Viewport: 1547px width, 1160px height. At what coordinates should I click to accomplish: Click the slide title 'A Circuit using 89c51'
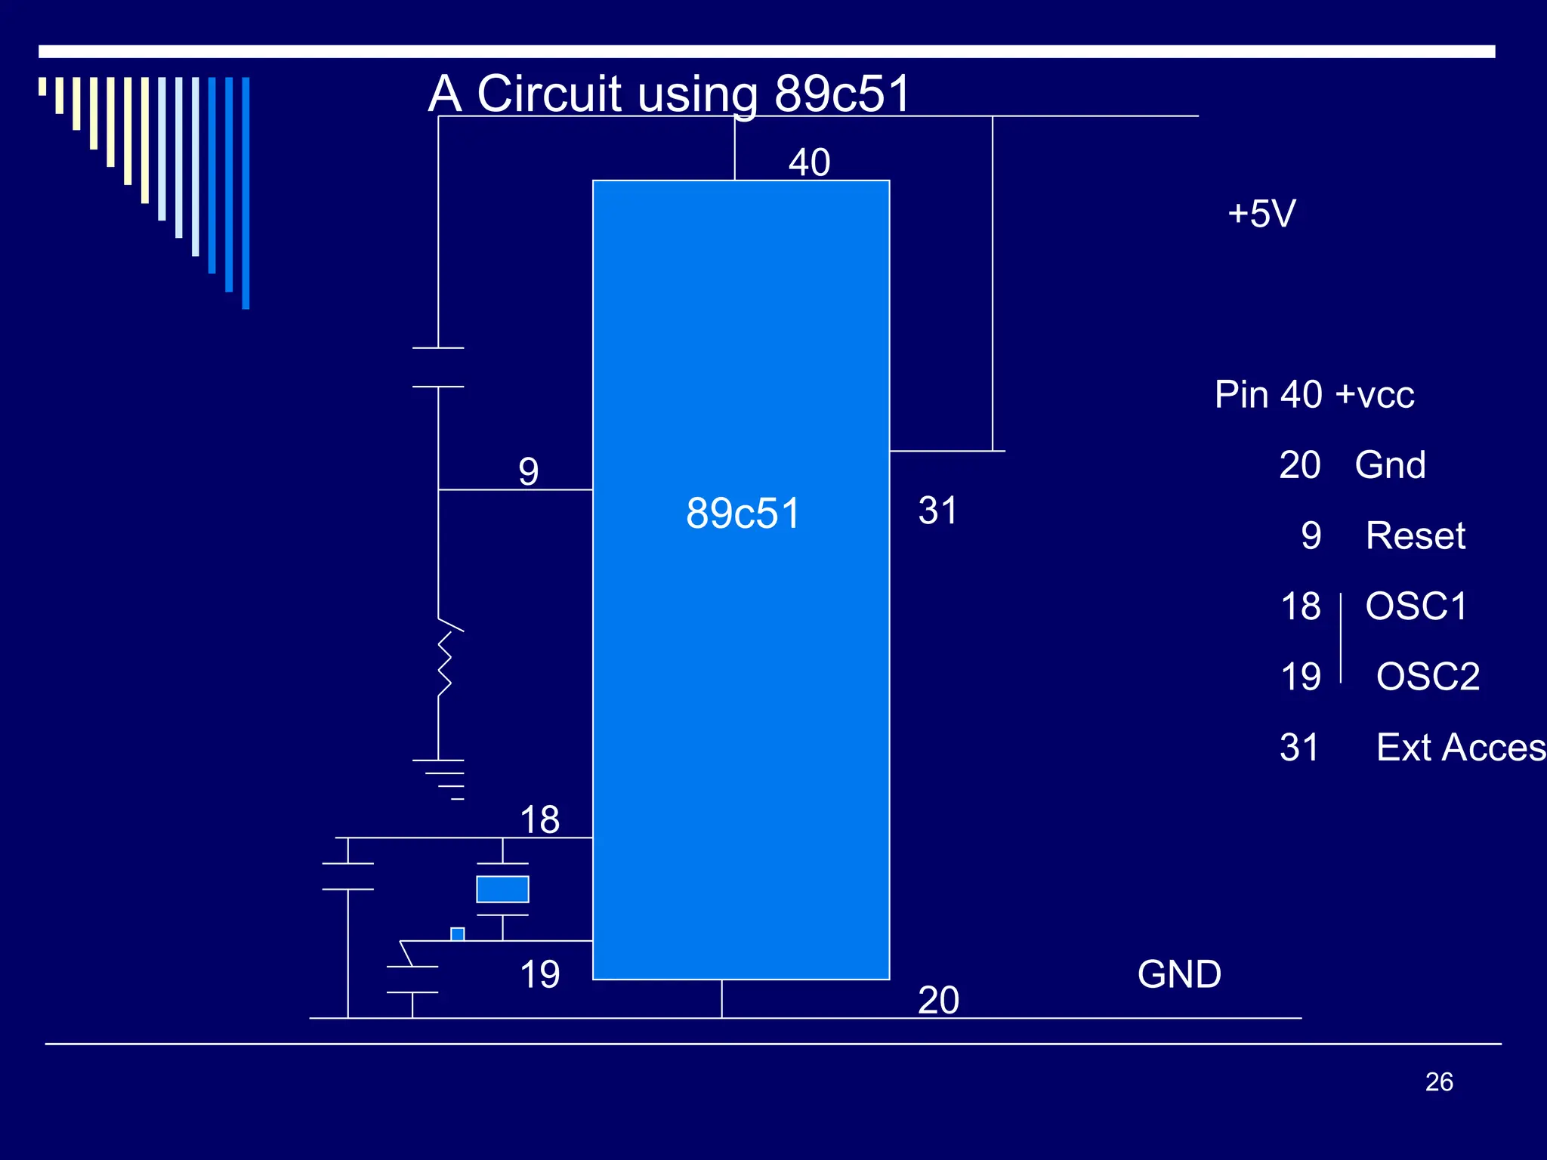click(669, 94)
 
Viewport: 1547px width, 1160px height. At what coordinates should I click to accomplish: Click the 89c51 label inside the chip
click(743, 514)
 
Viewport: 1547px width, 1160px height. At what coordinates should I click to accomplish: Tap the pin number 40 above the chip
click(809, 162)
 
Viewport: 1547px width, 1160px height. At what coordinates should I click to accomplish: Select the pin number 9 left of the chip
click(529, 471)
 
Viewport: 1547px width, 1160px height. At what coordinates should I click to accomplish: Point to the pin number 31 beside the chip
click(937, 511)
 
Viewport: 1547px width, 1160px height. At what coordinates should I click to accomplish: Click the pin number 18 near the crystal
click(539, 819)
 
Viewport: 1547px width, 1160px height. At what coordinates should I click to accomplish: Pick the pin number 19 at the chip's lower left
click(539, 974)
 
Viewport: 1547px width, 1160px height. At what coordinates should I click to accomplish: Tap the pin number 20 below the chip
click(938, 1000)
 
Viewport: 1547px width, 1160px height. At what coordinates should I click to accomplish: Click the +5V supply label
click(1261, 214)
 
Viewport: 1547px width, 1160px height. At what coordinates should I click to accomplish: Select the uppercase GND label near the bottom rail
click(1179, 974)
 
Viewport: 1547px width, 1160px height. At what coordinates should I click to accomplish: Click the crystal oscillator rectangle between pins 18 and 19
click(502, 889)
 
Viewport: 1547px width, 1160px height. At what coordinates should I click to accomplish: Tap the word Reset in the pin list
click(1415, 536)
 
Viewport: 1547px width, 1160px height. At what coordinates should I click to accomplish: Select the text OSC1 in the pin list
click(1416, 606)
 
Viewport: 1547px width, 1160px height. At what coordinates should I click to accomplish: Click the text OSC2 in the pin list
click(1427, 677)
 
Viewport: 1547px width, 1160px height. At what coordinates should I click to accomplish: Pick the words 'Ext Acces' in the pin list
click(1460, 748)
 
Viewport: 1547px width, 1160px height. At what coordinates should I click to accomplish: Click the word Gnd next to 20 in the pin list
click(1390, 465)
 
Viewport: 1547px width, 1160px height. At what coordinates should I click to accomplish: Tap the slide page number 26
click(1439, 1081)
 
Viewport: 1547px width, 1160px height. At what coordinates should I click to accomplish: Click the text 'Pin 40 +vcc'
click(1314, 394)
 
